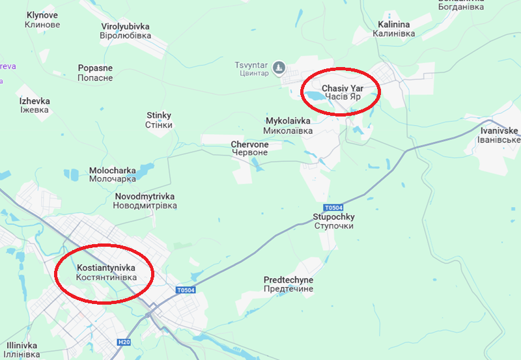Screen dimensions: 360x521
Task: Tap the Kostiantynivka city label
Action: [106, 272]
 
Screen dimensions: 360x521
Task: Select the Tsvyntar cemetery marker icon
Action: [279, 67]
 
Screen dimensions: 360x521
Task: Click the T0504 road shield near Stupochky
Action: [332, 207]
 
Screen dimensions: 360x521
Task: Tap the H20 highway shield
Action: [124, 342]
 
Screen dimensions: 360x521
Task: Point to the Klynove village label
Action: [42, 20]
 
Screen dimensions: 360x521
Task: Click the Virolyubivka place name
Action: [126, 31]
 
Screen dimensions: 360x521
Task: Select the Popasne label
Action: [95, 72]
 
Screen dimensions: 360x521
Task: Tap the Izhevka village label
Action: [34, 105]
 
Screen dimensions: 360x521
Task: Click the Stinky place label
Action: [159, 120]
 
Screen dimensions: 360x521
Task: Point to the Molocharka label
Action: [112, 174]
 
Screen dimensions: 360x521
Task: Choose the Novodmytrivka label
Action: [145, 201]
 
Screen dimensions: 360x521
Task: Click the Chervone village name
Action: [249, 148]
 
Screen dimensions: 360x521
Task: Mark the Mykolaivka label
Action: [289, 126]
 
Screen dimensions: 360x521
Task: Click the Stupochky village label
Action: [333, 221]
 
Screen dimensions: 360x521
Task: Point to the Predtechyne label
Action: [289, 284]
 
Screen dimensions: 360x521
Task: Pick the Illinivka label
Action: [19, 350]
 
